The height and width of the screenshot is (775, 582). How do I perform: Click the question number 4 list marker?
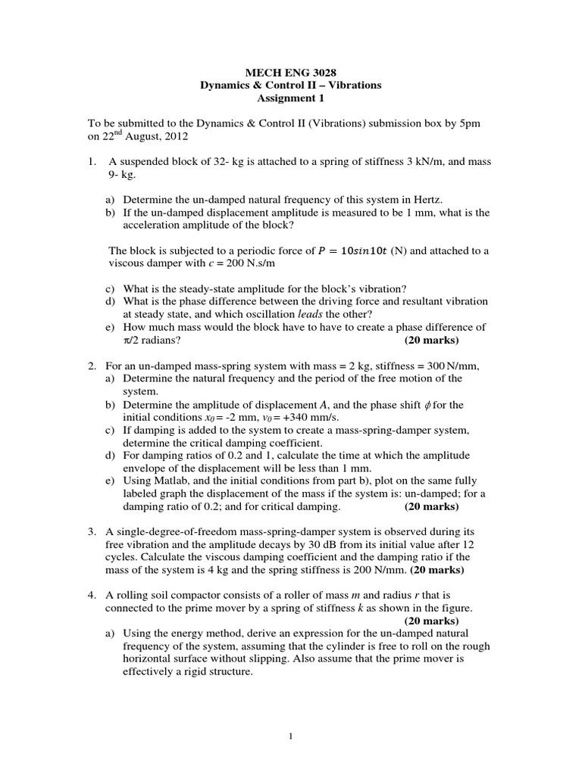click(92, 596)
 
